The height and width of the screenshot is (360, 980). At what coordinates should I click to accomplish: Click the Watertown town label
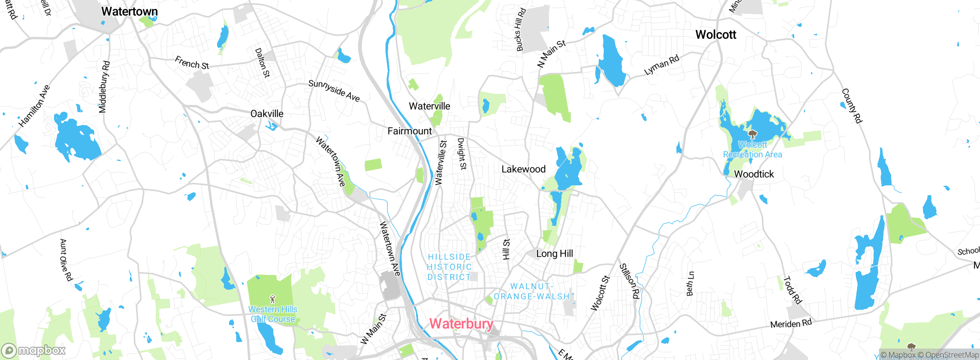point(129,11)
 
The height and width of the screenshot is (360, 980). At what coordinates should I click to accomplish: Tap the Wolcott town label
point(715,35)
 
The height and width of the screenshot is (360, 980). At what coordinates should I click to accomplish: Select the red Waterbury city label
point(461,324)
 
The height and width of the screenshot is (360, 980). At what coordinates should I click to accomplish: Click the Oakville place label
point(267,114)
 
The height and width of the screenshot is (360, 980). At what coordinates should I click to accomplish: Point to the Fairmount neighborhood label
point(410,131)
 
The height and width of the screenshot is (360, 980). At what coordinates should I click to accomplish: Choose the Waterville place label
point(430,106)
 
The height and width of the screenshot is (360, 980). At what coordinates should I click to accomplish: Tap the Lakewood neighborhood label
point(523,169)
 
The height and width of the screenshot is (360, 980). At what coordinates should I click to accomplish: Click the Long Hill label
point(554,254)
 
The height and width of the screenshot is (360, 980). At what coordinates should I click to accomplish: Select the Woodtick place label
point(754,174)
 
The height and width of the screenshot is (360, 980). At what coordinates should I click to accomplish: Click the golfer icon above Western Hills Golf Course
point(273,299)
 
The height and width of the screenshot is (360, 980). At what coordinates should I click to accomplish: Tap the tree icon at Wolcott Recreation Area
point(753,134)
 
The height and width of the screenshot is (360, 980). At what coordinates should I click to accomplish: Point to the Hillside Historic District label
point(449,267)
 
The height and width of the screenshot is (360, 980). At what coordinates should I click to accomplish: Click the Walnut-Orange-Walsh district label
point(531,291)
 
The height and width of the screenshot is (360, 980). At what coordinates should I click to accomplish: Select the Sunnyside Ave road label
point(334,91)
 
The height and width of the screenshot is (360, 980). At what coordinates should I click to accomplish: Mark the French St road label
point(192,63)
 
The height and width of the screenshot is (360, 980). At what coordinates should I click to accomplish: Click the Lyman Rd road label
point(661,65)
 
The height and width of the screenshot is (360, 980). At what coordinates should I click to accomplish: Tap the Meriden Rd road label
point(791,324)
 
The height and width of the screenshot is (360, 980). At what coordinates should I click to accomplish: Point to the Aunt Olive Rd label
point(66,260)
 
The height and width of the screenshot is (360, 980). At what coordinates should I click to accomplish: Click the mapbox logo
point(34,350)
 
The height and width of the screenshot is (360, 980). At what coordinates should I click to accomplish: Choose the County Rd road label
point(852,106)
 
